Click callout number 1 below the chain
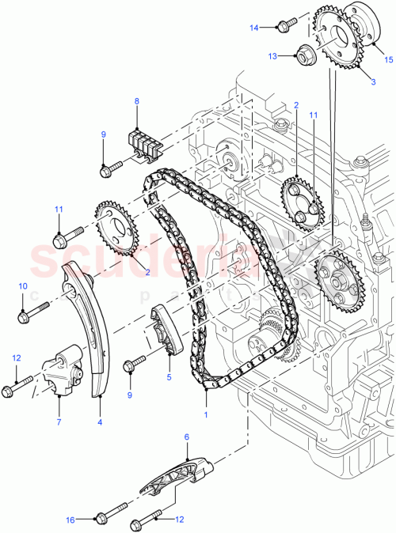[x=206, y=413]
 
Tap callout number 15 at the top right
[x=388, y=59]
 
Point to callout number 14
[x=255, y=28]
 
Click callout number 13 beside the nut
[x=272, y=57]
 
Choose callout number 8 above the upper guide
[x=136, y=102]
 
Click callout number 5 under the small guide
[x=169, y=376]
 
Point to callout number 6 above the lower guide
[x=187, y=436]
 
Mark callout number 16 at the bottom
[x=70, y=520]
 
